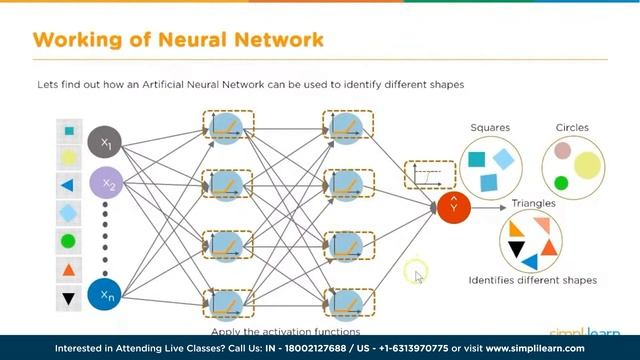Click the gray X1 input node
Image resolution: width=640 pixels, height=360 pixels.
(104, 143)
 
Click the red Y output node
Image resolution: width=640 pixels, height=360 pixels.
(453, 207)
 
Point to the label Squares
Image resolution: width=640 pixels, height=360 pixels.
(490, 128)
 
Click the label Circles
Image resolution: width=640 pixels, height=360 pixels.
(572, 128)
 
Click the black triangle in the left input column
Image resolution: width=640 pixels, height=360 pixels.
(69, 297)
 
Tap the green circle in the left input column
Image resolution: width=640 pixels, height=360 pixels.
(68, 241)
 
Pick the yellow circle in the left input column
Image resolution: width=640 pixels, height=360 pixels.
(68, 157)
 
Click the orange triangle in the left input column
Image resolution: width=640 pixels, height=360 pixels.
(69, 270)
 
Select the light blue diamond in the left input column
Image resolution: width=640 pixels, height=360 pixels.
(68, 212)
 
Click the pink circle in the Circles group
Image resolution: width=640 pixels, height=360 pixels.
(563, 151)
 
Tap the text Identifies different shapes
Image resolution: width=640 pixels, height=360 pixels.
(532, 280)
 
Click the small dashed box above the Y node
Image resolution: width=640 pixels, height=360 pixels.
(422, 175)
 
